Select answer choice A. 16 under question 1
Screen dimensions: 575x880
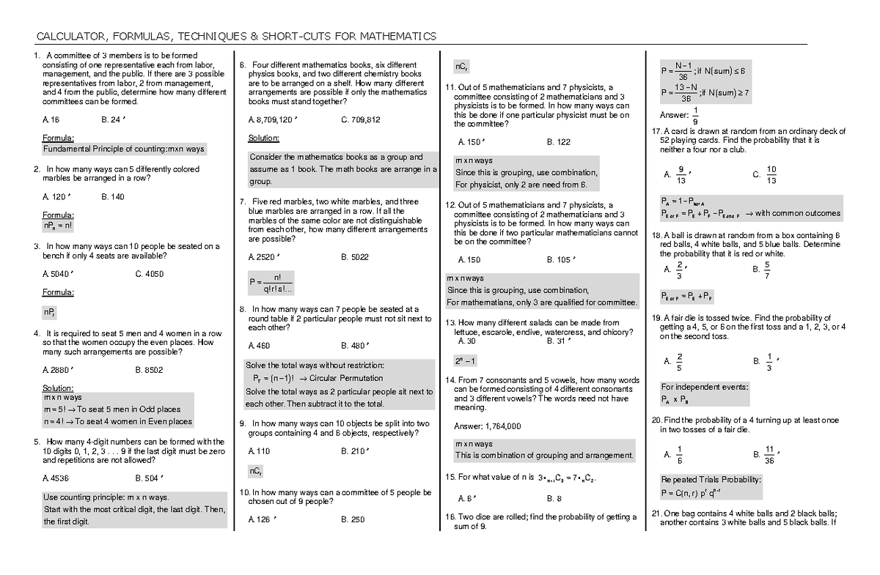tap(51, 119)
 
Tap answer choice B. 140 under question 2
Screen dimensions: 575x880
tap(113, 196)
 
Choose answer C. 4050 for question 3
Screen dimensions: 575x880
tap(150, 274)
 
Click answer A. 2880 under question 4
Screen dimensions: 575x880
tap(56, 370)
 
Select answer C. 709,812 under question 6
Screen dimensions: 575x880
tap(360, 119)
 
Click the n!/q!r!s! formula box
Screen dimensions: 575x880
tap(270, 282)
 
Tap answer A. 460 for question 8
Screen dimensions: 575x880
tap(260, 345)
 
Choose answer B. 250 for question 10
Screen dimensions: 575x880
tap(353, 519)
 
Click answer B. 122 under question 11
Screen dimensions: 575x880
tap(558, 142)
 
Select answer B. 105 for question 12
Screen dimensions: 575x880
tap(560, 259)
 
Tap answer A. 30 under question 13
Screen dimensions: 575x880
tap(466, 341)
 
